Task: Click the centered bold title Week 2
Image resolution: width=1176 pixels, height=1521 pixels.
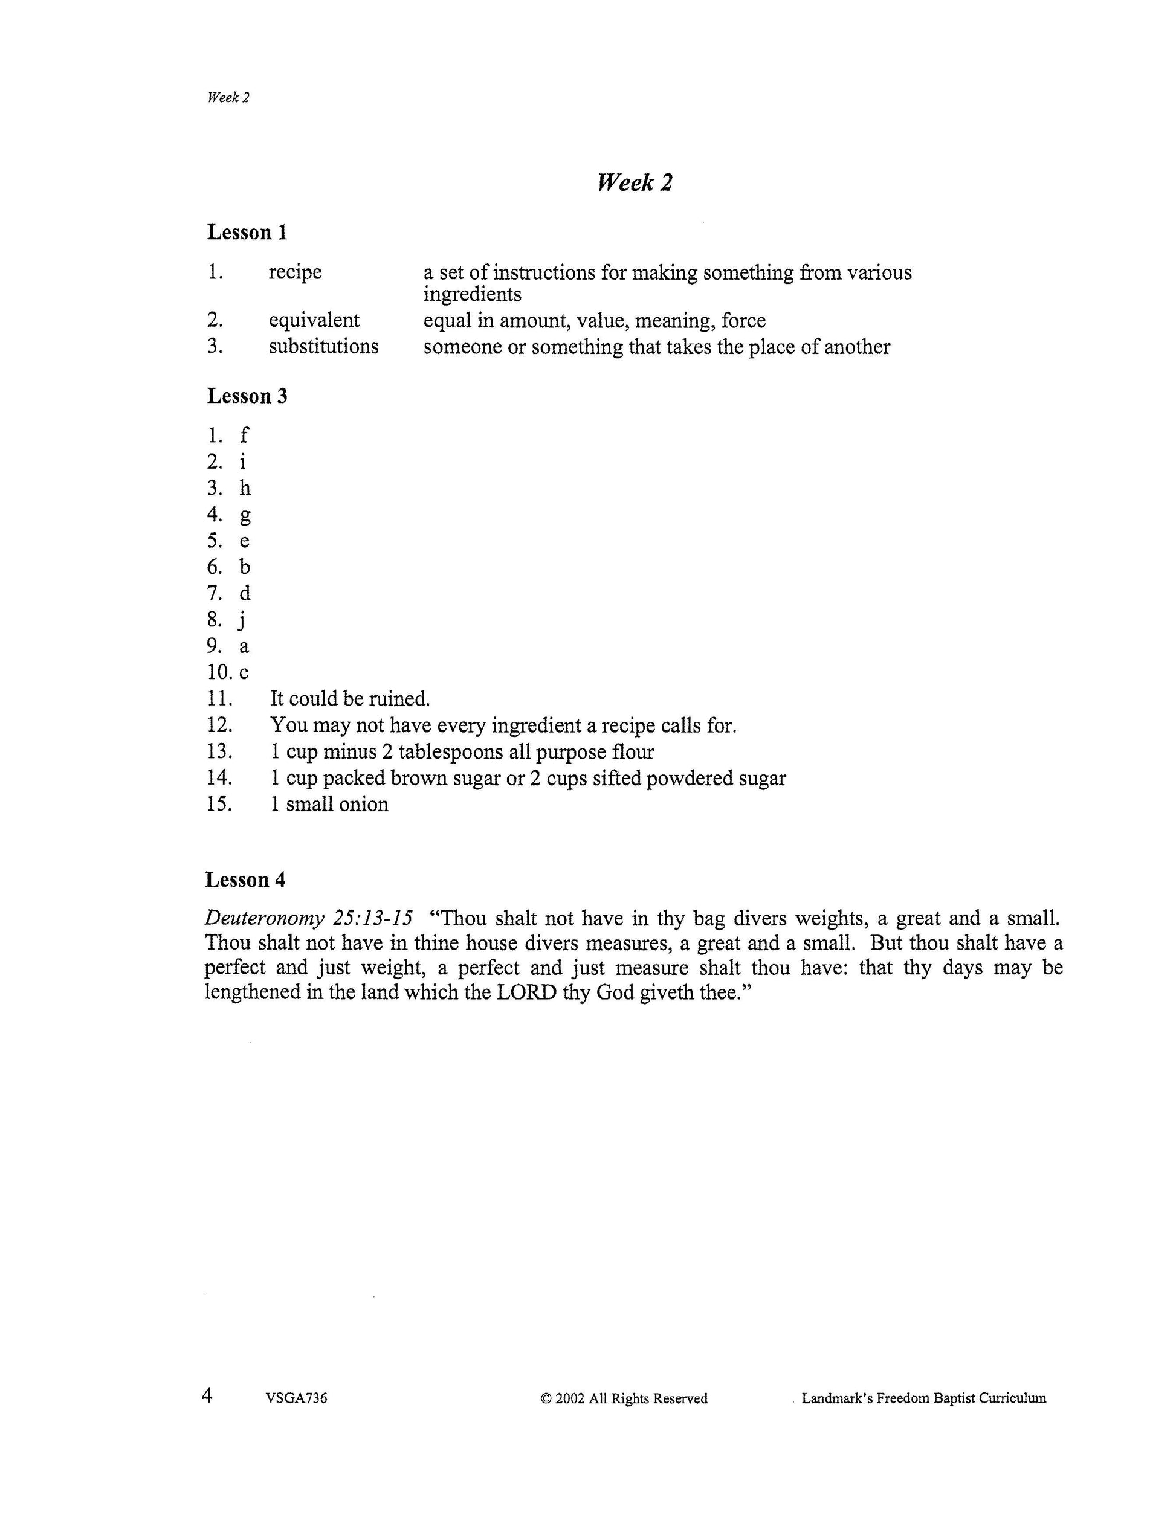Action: pyautogui.click(x=635, y=182)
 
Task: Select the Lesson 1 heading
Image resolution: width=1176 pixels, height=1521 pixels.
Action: pyautogui.click(x=247, y=232)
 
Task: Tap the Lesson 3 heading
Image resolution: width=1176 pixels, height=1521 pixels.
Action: pyautogui.click(x=247, y=396)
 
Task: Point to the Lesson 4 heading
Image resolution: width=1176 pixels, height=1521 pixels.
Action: pyautogui.click(x=245, y=879)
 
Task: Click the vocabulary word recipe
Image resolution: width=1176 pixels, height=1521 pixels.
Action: pyautogui.click(x=296, y=272)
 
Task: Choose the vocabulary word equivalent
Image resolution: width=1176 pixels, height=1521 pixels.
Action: pyautogui.click(x=314, y=320)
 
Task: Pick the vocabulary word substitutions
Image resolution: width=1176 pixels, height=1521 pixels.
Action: pyautogui.click(x=324, y=346)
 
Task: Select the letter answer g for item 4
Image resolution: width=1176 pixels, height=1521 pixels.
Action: pyautogui.click(x=245, y=516)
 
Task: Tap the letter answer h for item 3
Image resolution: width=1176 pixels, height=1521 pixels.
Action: pyautogui.click(x=245, y=488)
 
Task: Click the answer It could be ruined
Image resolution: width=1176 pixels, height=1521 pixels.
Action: pyautogui.click(x=351, y=698)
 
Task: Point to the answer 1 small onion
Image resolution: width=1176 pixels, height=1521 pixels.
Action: pyautogui.click(x=329, y=805)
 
